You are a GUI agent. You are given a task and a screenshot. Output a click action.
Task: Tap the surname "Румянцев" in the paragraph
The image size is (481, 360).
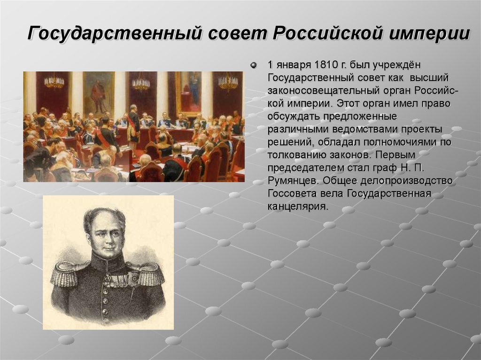[290, 181]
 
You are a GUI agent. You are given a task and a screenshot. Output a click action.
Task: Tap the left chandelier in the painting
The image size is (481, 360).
[54, 82]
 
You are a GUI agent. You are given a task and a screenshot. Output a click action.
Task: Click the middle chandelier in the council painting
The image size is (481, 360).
[140, 84]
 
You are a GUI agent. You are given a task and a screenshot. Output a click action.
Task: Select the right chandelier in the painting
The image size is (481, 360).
[228, 82]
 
